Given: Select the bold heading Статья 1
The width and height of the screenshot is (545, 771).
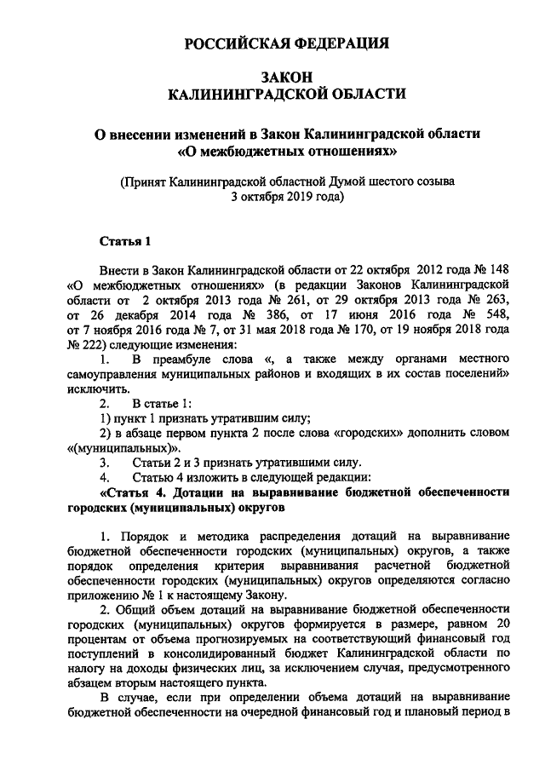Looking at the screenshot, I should click(125, 240).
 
